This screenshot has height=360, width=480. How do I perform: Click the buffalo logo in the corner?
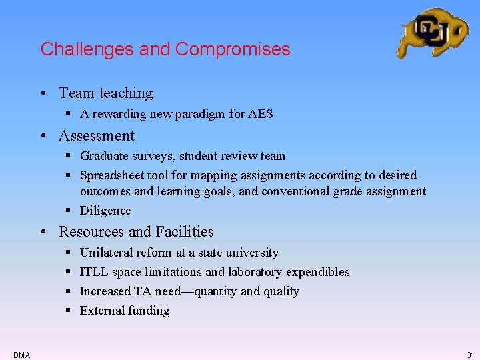coord(431,33)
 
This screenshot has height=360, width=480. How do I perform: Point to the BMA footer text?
coord(21,355)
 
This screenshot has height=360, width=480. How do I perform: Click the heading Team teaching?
coord(105,93)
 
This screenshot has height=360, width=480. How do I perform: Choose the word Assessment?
coord(97,136)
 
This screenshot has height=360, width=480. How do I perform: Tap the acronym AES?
coord(261,114)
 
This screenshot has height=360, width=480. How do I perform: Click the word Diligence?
coord(105,211)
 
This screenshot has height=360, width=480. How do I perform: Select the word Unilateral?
coord(106,253)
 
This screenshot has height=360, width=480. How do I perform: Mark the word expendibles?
coord(318,272)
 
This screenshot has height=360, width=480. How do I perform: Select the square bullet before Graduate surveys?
coord(70,157)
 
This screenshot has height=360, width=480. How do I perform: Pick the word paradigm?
coord(203,114)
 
